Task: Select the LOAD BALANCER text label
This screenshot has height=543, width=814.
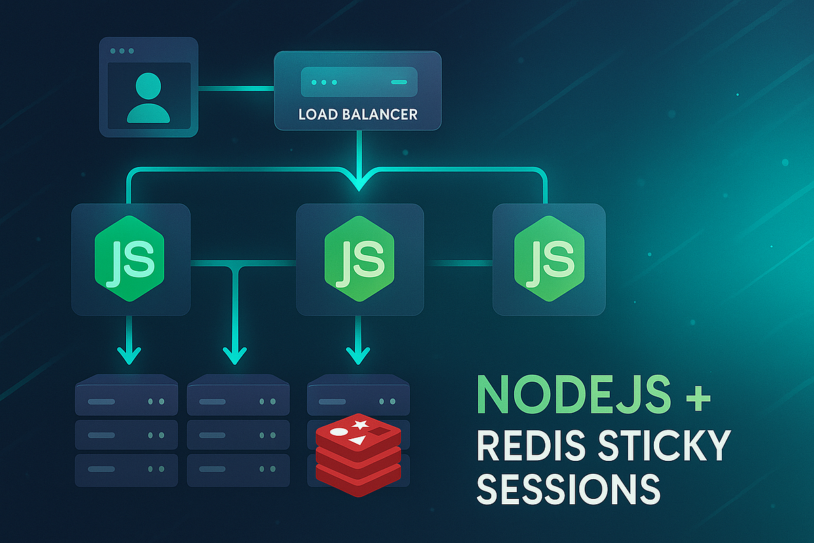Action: coord(357,115)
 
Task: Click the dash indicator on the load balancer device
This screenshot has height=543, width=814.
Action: coord(398,82)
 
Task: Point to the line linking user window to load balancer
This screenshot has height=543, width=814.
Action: coord(236,87)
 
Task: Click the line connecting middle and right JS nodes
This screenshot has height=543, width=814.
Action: coord(458,261)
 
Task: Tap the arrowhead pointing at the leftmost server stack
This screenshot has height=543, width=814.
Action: coord(129,354)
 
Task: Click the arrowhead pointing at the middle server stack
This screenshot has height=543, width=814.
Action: coord(234,354)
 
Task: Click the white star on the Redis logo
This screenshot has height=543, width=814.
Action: coord(360,426)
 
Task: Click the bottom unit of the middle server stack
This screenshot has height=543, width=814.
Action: coord(238,470)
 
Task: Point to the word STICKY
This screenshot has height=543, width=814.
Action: coord(653,445)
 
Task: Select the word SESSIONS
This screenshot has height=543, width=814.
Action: coord(568,487)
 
